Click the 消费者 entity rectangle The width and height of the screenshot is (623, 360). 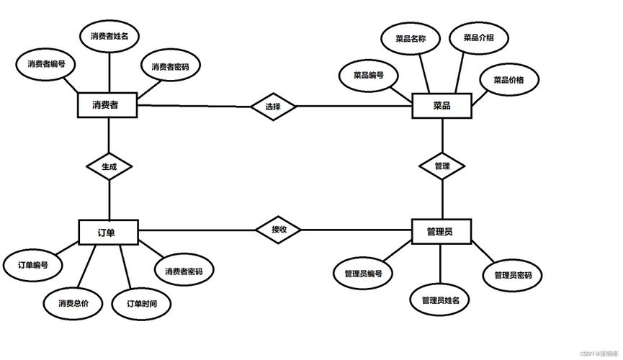106,106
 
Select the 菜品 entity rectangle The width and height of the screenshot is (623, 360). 442,106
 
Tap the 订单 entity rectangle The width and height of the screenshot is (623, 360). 107,232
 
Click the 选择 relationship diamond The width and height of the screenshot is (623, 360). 273,107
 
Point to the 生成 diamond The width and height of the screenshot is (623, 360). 109,166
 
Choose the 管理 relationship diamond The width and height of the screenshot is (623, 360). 442,166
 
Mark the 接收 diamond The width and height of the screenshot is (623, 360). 279,230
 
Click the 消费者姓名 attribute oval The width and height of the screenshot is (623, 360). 109,35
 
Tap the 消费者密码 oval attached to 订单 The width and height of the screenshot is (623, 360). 183,271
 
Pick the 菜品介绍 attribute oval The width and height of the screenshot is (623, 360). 478,37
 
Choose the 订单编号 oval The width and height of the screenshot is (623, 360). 32,265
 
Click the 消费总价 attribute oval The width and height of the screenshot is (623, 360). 73,303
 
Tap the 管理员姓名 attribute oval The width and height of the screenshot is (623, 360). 440,300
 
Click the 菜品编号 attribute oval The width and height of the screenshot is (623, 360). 368,75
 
